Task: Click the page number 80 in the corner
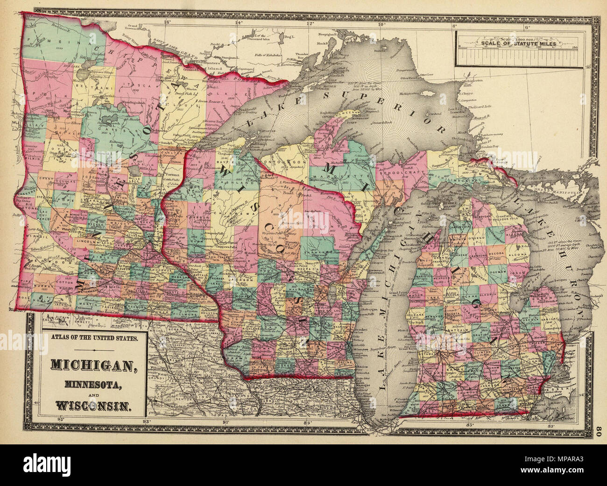pyautogui.click(x=600, y=432)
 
